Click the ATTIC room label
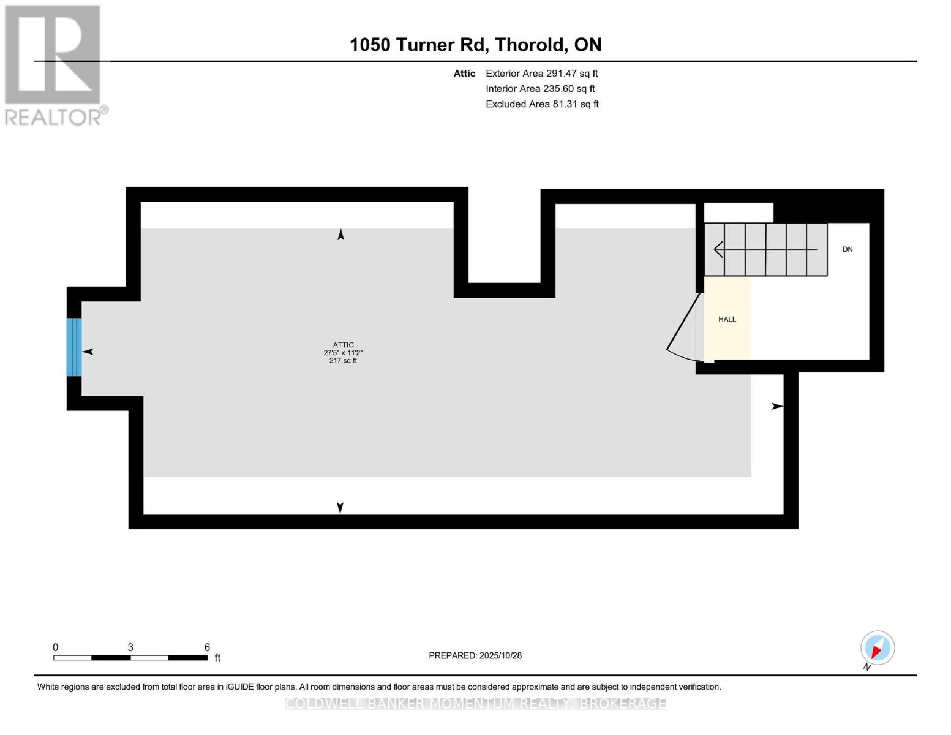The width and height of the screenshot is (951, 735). (x=343, y=345)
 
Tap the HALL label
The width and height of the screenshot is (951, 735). (x=727, y=319)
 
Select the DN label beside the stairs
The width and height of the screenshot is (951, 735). (x=848, y=249)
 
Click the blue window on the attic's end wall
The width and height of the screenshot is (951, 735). (x=73, y=347)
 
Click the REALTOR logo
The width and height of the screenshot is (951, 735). (x=54, y=65)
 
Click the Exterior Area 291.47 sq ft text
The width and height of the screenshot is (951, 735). (x=541, y=73)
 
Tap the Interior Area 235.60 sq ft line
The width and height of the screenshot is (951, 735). (x=540, y=89)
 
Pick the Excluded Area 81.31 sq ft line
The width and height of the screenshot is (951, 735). (x=542, y=104)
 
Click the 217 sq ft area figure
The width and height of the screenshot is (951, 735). (x=343, y=361)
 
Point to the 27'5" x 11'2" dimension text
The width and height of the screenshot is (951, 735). (x=343, y=353)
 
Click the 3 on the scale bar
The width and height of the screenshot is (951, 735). (x=130, y=647)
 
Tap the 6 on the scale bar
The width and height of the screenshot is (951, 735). (x=207, y=647)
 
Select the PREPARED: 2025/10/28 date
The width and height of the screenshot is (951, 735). (x=475, y=655)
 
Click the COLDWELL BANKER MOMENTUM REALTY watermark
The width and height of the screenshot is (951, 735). (x=475, y=704)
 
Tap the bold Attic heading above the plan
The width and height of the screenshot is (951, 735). (x=464, y=73)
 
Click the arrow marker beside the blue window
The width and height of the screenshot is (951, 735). (x=88, y=352)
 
